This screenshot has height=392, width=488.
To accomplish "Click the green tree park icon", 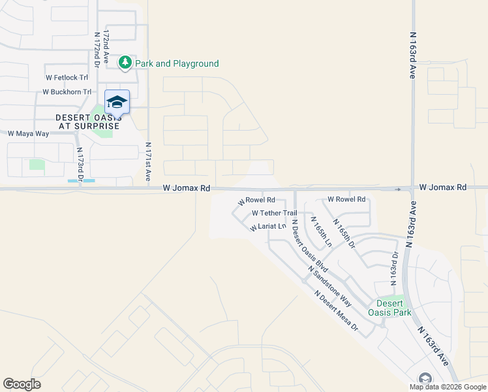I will point(125,63).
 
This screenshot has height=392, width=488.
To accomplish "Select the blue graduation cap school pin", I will point(117,101).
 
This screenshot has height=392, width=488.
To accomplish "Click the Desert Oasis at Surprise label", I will point(87,122).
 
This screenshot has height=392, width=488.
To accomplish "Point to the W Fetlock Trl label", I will point(67,77).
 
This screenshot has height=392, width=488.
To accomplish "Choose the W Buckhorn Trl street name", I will point(67,91).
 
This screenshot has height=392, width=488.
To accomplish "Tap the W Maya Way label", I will point(28,133).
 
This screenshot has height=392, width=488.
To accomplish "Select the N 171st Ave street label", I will point(148,162).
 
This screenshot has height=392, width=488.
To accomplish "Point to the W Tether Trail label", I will point(274,213).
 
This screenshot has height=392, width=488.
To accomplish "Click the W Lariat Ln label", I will point(267,227).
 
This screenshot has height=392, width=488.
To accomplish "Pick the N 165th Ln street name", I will point(321,231).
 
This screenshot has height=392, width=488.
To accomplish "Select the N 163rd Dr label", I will point(394,269).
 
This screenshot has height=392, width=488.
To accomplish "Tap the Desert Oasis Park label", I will point(389,307).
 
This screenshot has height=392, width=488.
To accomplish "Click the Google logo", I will point(22,384).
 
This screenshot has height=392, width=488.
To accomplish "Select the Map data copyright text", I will point(448,387).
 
